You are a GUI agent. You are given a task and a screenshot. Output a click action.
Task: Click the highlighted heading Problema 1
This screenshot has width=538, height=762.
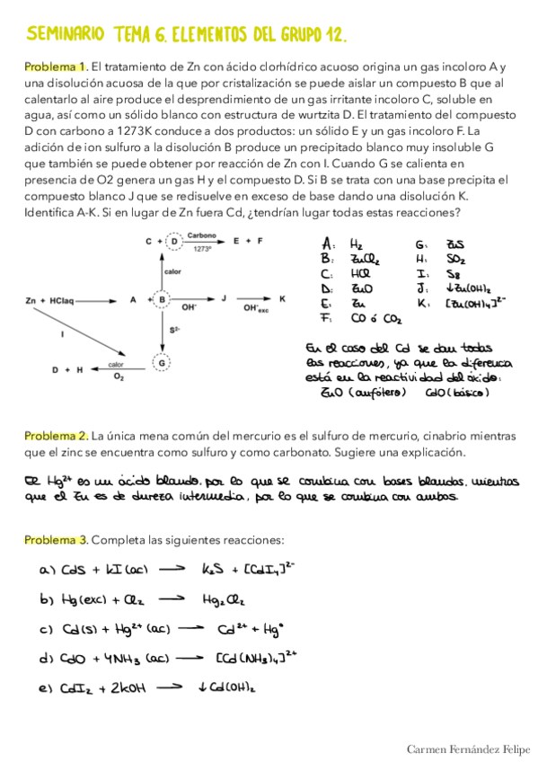click(55, 67)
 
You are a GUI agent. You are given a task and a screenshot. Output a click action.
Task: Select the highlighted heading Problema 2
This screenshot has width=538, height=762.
click(55, 435)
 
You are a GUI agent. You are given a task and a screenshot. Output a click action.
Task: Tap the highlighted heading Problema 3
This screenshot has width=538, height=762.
click(55, 539)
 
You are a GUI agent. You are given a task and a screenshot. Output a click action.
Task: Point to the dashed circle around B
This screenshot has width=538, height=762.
click(163, 299)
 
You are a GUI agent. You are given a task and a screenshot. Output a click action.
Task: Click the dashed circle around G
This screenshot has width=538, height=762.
click(163, 363)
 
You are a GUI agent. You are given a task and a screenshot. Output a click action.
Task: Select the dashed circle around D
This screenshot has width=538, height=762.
click(163, 242)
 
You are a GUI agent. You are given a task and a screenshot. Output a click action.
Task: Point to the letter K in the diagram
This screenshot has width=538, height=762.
click(283, 299)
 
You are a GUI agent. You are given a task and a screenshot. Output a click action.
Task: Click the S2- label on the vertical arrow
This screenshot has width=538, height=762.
click(174, 332)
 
